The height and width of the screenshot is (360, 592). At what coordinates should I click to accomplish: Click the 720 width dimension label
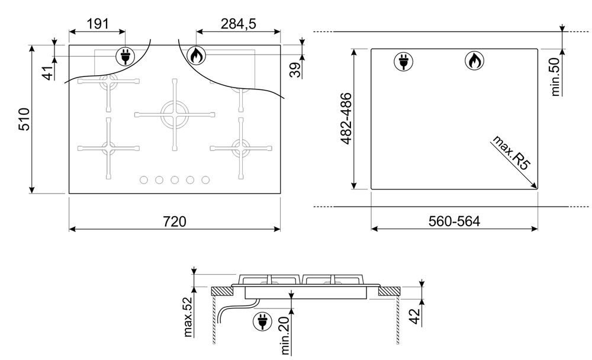point(175,221)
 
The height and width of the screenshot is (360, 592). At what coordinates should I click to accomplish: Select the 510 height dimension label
point(24,120)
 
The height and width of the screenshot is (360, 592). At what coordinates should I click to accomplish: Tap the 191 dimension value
point(98,24)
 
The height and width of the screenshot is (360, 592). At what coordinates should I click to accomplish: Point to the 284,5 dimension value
point(238,24)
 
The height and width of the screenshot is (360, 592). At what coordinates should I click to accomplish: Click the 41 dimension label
point(48,73)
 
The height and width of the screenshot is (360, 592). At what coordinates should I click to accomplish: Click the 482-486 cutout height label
point(346,118)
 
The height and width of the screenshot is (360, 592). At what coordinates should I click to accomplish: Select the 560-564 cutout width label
point(454,221)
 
